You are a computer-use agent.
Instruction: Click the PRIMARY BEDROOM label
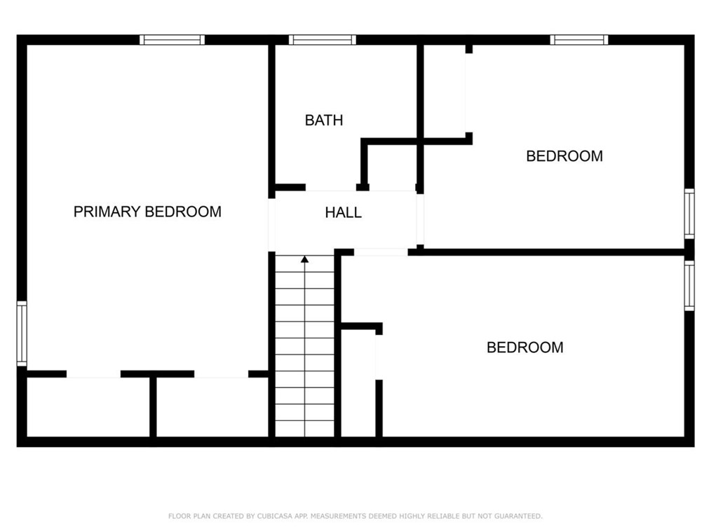[x=147, y=212]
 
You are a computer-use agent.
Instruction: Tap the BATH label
[x=324, y=120]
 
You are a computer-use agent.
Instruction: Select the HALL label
[x=344, y=213]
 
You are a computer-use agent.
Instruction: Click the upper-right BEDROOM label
[x=564, y=156]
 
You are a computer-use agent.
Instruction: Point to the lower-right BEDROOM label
[x=525, y=347]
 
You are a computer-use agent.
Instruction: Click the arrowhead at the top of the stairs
[x=304, y=260]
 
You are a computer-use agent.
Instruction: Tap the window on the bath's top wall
[x=322, y=40]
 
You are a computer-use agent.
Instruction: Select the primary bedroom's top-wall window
[x=172, y=40]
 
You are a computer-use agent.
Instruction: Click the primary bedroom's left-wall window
[x=22, y=333]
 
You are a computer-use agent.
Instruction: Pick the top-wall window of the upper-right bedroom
[x=579, y=40]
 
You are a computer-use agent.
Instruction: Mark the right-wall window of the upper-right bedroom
[x=689, y=214]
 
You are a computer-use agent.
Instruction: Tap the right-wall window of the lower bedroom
[x=689, y=285]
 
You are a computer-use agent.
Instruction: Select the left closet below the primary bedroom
[x=88, y=408]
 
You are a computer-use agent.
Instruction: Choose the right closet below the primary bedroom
[x=212, y=408]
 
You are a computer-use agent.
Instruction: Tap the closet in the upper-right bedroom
[x=444, y=91]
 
